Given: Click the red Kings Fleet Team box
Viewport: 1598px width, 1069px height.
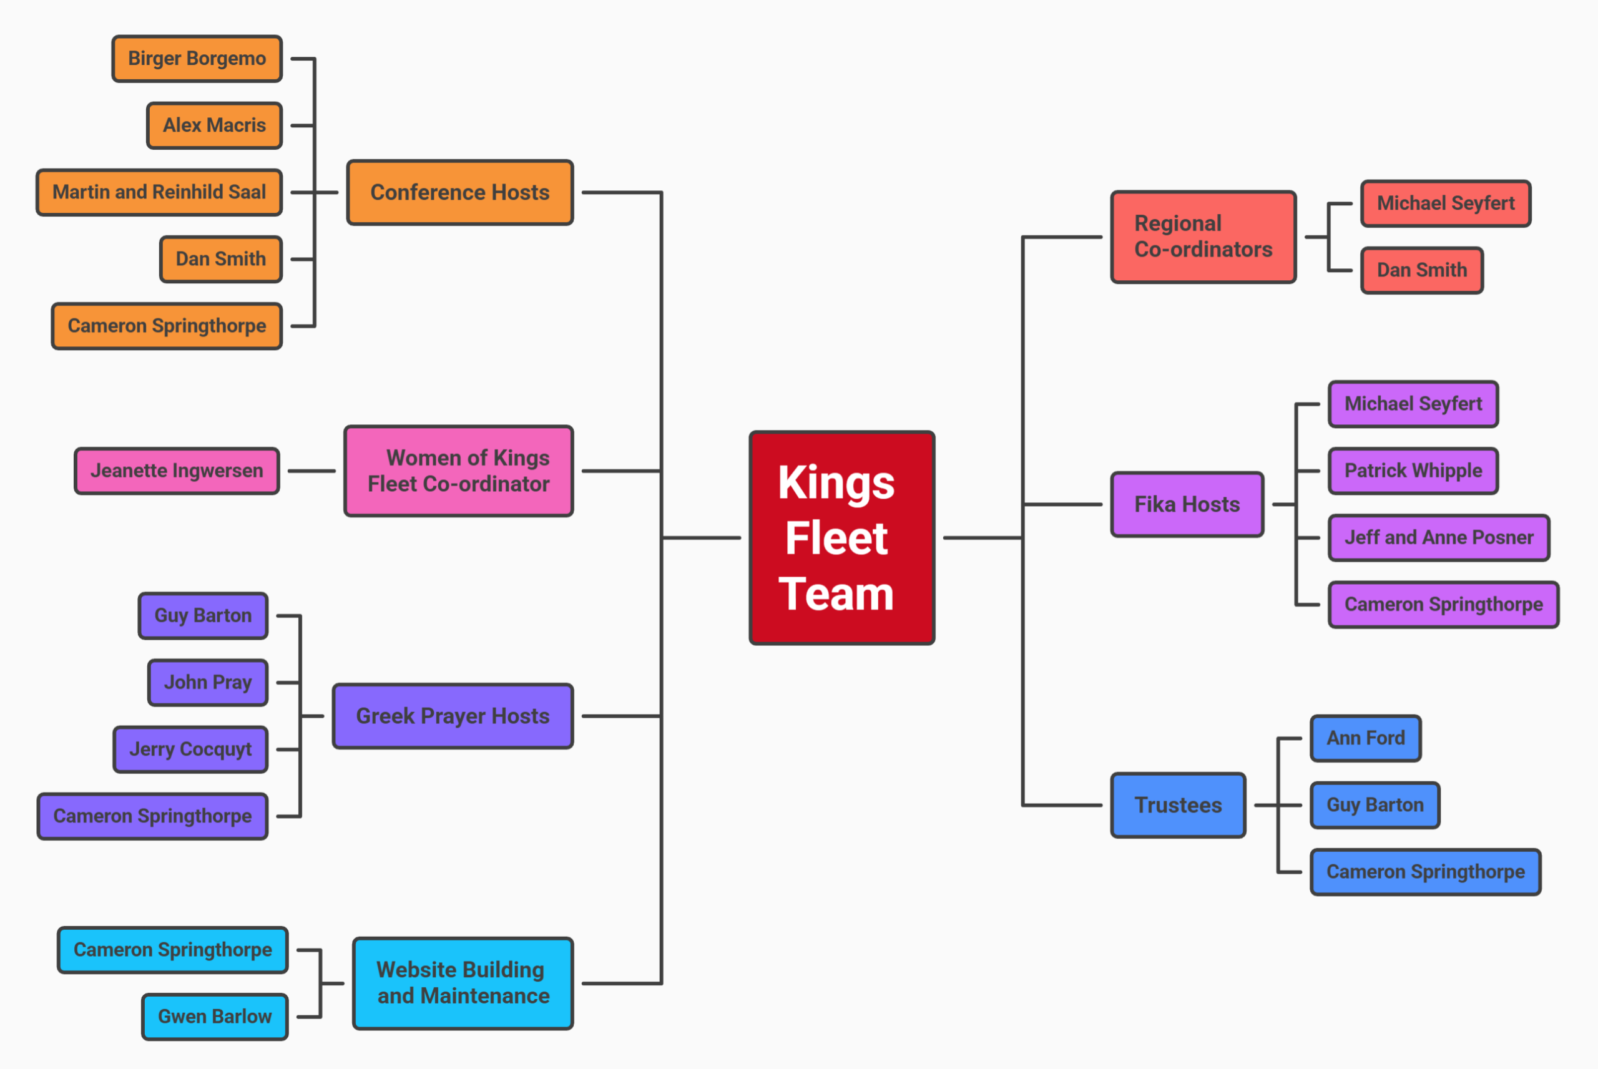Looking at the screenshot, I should [x=841, y=537].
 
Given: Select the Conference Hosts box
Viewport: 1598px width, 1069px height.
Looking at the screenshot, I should [x=459, y=192].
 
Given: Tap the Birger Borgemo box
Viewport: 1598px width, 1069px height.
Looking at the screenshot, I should [x=197, y=59].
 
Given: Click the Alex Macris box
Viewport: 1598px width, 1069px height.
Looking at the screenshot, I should [x=214, y=125].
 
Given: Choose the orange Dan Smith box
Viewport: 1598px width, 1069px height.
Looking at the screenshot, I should [x=220, y=259].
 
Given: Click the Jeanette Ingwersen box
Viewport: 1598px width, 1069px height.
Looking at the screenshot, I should [x=177, y=471].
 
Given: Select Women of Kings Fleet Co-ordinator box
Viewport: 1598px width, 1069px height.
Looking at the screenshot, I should [x=458, y=471].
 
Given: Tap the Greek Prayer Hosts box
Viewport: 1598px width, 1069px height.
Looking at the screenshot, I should [x=453, y=716].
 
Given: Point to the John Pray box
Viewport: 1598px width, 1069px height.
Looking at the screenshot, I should [x=207, y=683].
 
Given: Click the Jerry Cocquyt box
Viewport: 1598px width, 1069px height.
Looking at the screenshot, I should [x=190, y=749].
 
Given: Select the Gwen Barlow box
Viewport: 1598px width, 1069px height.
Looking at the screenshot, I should [x=215, y=1017].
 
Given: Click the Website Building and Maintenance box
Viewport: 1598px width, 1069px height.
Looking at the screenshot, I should [x=463, y=983].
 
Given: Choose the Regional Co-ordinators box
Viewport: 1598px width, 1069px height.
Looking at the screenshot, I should [x=1203, y=237].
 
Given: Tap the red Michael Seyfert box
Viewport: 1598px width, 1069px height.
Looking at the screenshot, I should [x=1445, y=203].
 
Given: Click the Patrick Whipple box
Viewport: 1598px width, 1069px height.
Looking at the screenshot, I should [x=1413, y=471].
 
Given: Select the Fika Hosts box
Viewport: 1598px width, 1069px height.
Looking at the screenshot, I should [x=1187, y=504].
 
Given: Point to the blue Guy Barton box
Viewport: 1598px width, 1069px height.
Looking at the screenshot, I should [x=1375, y=805].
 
